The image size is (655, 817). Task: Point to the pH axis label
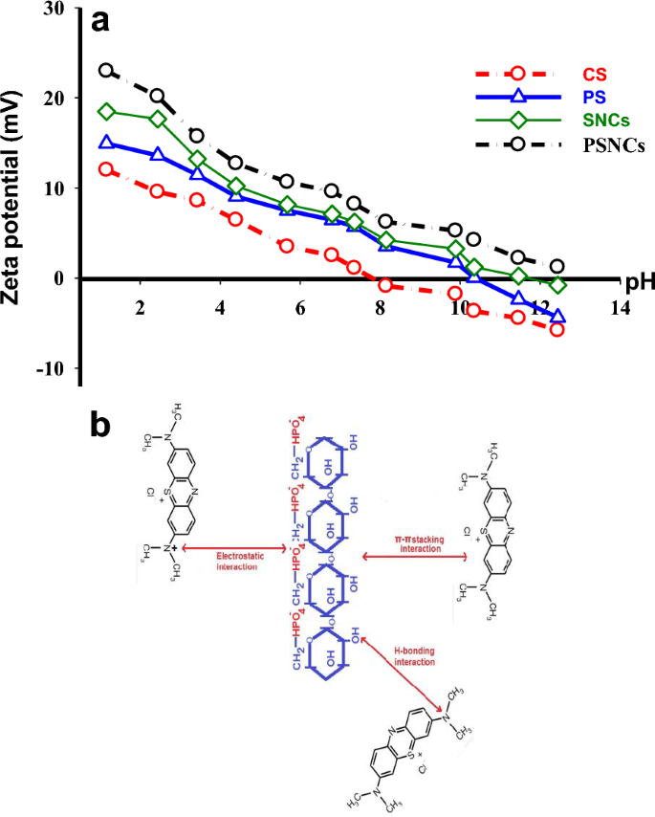pyautogui.click(x=638, y=284)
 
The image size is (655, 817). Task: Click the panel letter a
pyautogui.click(x=98, y=21)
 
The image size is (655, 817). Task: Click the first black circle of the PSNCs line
pyautogui.click(x=107, y=71)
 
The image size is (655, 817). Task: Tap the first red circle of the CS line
pyautogui.click(x=107, y=169)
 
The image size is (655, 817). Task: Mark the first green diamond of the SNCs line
pyautogui.click(x=107, y=112)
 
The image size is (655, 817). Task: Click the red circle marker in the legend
pyautogui.click(x=518, y=72)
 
